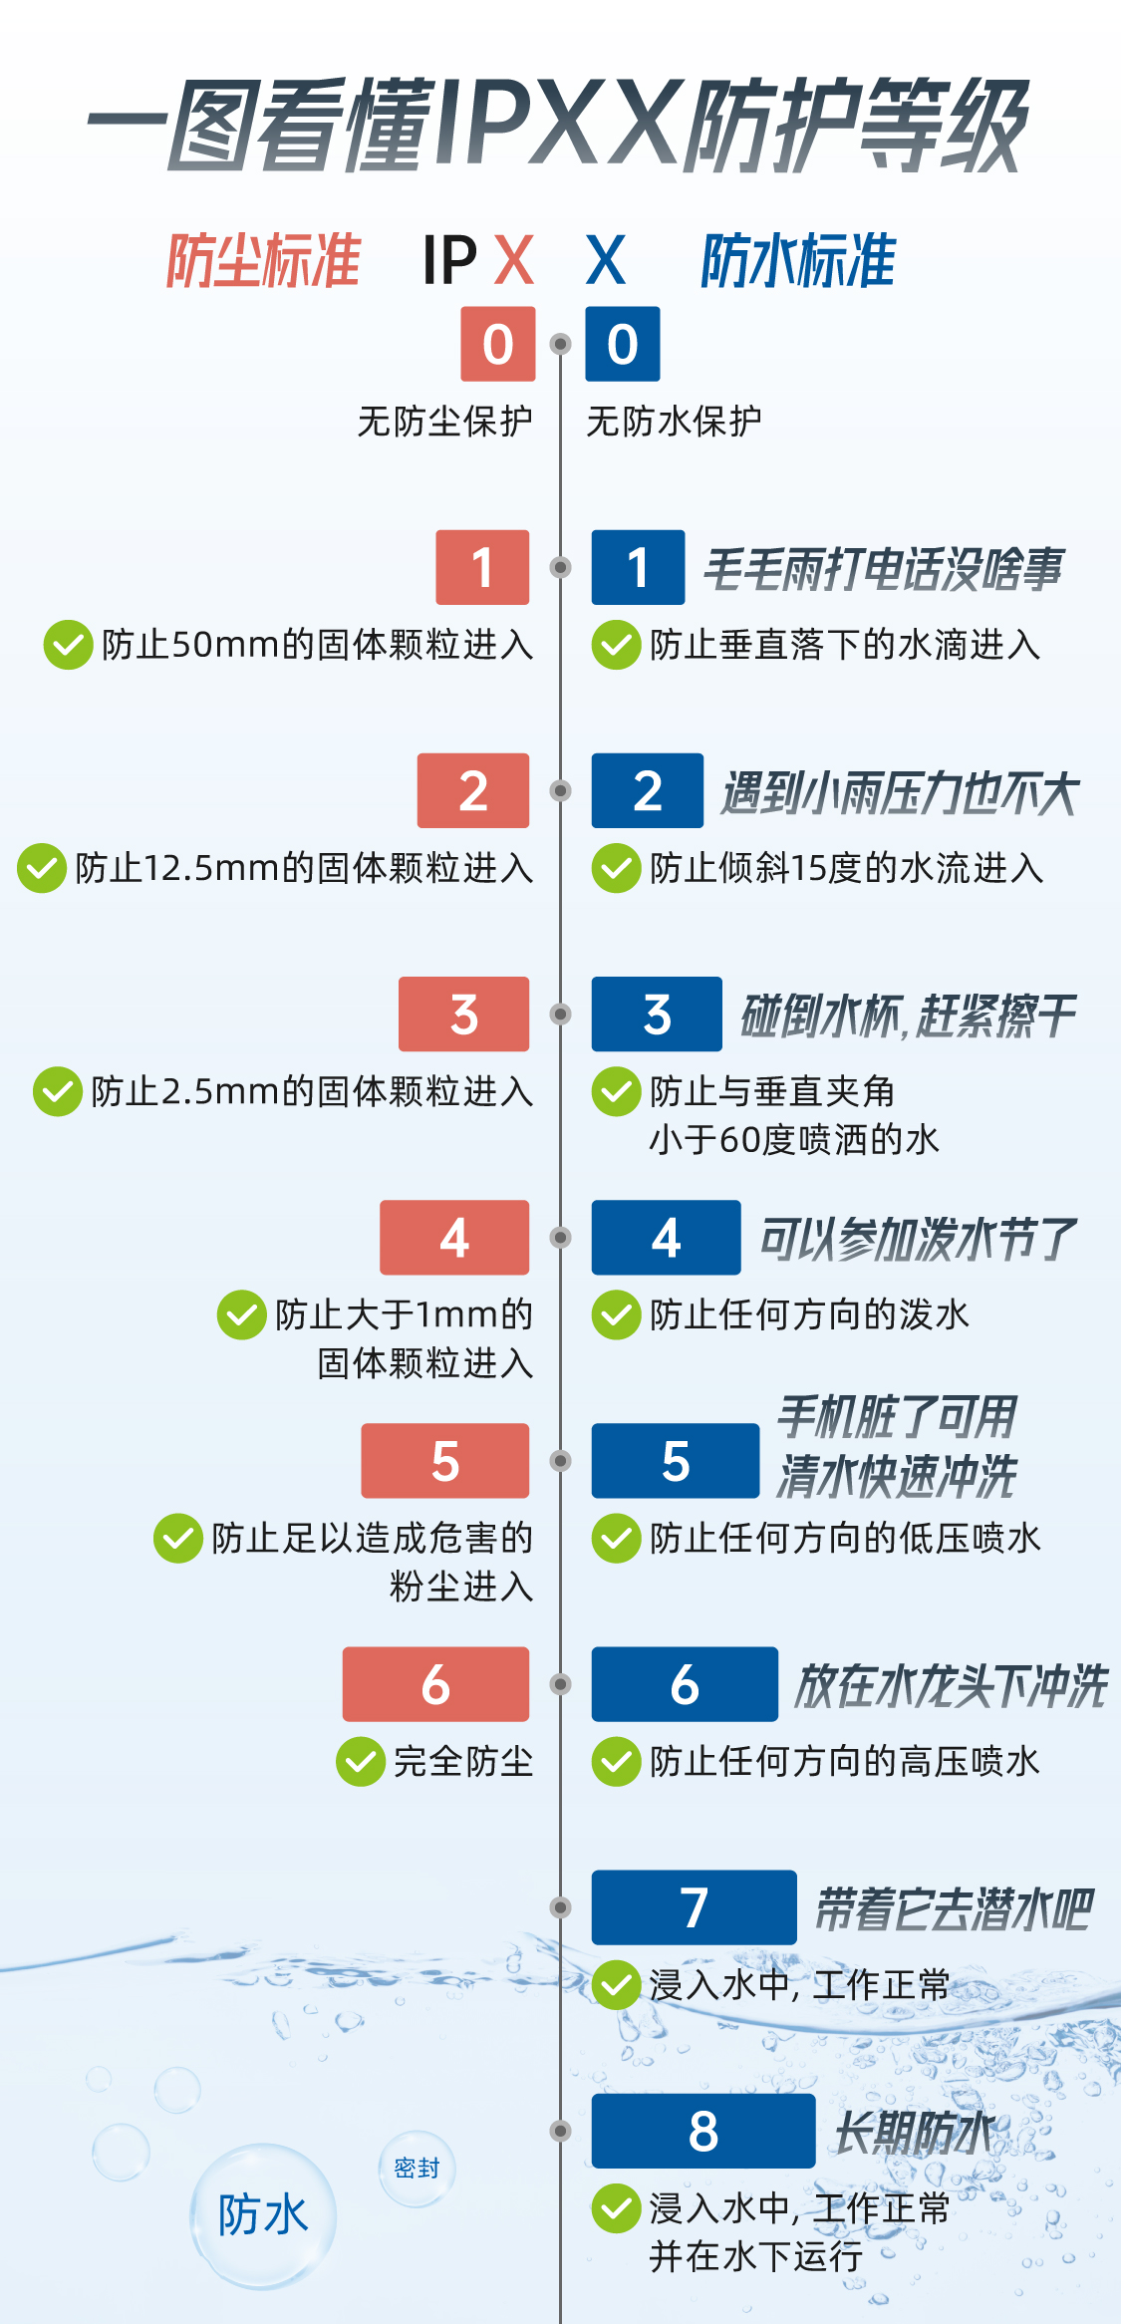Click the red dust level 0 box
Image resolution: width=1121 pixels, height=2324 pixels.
point(497,344)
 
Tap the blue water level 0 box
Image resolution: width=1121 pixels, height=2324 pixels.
point(623,344)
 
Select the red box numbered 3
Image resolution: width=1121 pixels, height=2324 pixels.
point(463,1014)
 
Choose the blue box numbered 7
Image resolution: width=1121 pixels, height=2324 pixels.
point(694,1906)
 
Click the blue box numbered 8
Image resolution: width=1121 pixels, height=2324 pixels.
point(702,2131)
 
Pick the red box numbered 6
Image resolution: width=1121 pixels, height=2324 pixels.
point(435,1683)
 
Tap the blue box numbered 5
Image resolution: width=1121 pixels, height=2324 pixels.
point(675,1460)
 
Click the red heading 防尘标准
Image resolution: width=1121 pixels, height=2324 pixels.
point(263,261)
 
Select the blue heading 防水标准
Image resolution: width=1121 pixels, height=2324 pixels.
point(798,261)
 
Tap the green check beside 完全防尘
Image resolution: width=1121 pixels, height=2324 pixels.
point(361,1762)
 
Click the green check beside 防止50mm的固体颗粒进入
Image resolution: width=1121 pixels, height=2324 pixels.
point(68,645)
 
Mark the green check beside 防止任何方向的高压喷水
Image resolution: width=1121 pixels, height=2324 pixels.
point(617,1762)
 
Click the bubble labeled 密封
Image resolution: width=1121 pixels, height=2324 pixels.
point(417,2169)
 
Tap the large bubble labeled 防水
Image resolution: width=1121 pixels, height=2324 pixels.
point(263,2214)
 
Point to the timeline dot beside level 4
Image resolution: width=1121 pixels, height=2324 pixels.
point(561,1237)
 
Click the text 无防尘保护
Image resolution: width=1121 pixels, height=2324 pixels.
point(444,422)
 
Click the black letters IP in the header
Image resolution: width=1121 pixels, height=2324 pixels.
point(449,261)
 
